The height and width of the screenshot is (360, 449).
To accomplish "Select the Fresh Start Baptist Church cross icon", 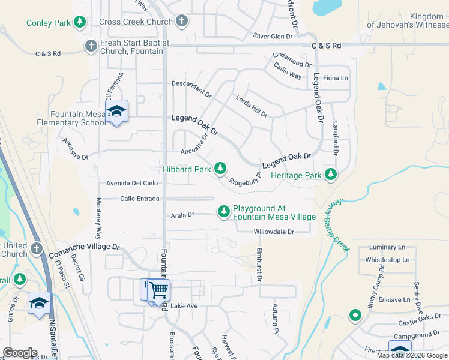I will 91,46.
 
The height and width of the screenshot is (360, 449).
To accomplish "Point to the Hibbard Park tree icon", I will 221,169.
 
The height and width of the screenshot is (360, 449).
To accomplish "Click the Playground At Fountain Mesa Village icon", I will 224,211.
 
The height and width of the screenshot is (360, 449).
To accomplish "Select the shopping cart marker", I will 159,291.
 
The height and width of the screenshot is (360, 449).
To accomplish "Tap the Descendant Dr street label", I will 192,89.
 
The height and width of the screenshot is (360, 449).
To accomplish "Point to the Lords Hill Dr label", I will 252,106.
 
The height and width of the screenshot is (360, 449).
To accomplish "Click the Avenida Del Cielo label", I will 132,183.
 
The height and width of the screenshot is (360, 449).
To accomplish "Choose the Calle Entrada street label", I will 140,199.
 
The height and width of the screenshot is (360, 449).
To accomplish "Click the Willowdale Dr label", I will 274,232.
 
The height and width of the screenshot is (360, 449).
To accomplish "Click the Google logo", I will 20,352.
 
